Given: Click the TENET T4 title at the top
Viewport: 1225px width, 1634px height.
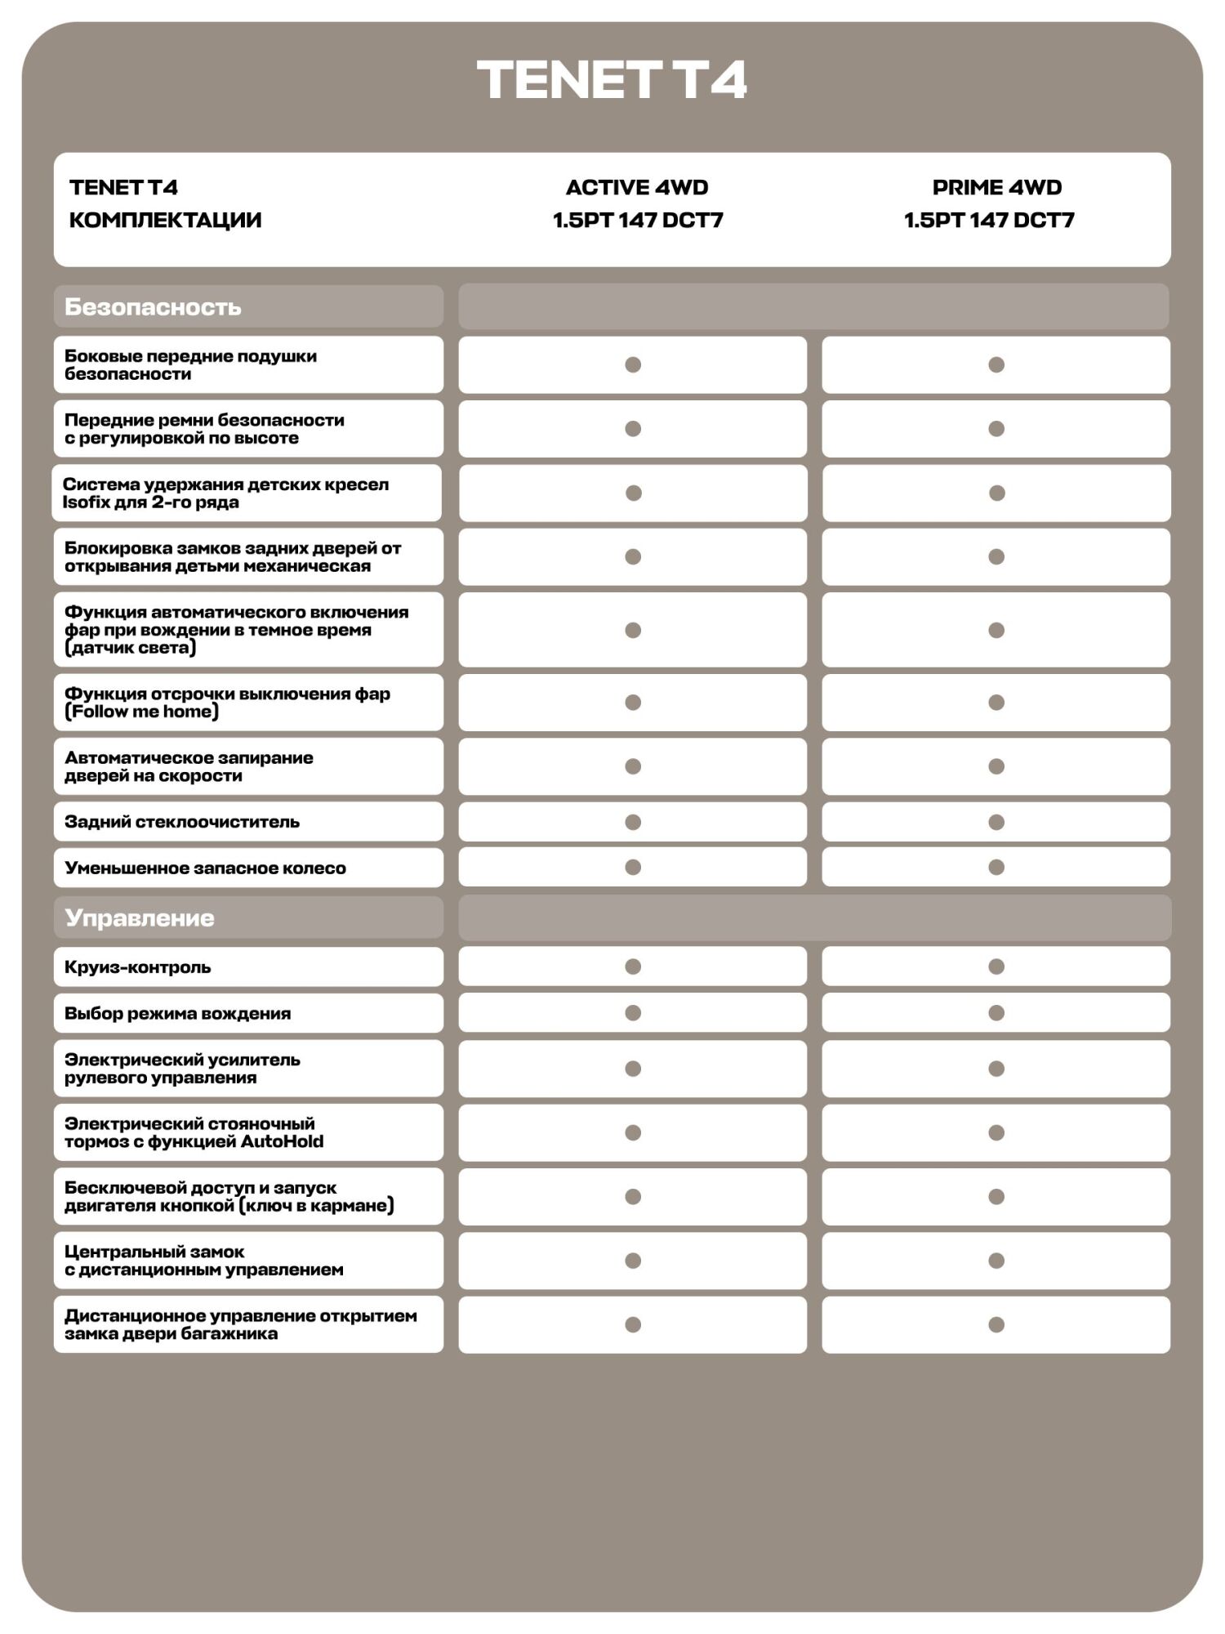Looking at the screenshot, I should pos(612,80).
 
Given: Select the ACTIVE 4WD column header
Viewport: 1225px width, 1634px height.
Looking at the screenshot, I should pos(637,188).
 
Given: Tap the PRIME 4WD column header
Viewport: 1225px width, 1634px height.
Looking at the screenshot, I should pos(996,188).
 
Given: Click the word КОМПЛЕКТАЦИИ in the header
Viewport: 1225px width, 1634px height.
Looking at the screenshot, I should pos(165,221).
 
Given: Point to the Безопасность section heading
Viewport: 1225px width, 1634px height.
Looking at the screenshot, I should pos(153,307).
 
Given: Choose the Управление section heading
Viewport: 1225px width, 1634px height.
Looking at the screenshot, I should pos(140,918).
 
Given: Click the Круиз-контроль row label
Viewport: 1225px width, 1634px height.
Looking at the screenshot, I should pos(138,967).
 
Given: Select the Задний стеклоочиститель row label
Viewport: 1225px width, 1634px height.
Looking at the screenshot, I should pos(182,822).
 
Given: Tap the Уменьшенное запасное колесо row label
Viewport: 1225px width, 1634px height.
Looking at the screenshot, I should pos(205,868).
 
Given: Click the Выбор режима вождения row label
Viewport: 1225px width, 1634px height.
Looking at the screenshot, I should pos(177,1014).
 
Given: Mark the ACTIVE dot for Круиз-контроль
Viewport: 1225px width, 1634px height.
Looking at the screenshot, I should pos(633,967).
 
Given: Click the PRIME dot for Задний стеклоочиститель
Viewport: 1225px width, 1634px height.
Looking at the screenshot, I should pos(996,822).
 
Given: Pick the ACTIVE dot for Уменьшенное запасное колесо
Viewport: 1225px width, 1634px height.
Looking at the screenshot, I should pos(633,867).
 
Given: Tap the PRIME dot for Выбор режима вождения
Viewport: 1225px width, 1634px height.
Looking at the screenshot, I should pos(996,1013).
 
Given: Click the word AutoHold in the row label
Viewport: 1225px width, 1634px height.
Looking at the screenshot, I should pos(287,1142).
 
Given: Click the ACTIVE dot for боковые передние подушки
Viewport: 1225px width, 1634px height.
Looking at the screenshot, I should pos(633,364).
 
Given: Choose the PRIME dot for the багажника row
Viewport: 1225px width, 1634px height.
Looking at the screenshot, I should pos(996,1324).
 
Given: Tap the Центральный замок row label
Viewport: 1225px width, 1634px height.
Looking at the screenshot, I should pos(154,1252).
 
